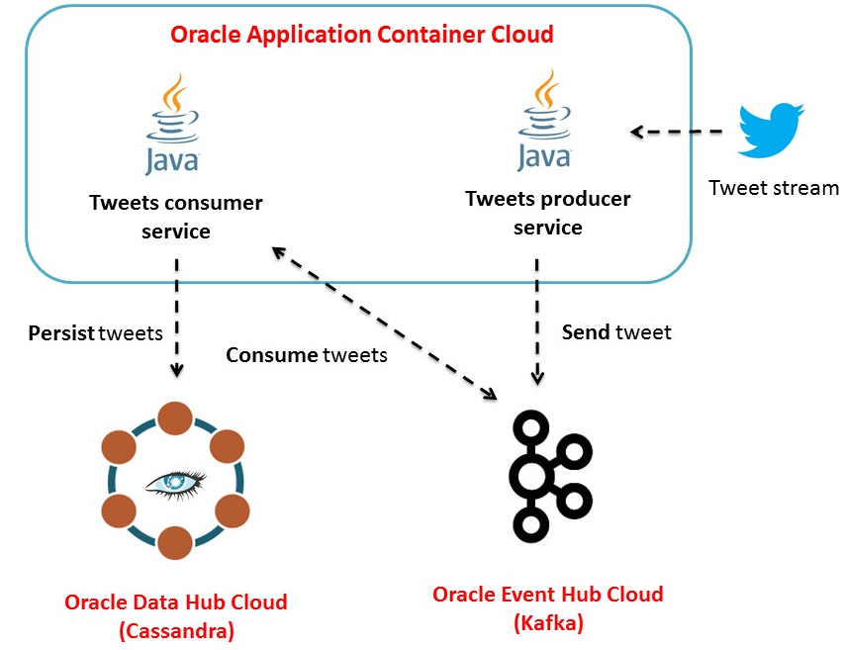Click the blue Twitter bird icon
coord(771,130)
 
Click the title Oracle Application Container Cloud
coord(361,35)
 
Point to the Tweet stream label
coord(773,188)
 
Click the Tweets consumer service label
coord(176,217)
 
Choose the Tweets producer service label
coord(547,213)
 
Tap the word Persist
coord(61,333)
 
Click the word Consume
coord(272,355)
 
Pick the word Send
coord(586,332)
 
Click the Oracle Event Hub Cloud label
coord(547,595)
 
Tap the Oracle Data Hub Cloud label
coord(176,602)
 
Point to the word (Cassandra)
coord(176,630)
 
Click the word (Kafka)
coord(548,623)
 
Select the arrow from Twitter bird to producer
coord(683,131)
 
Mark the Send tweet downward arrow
coord(537,323)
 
